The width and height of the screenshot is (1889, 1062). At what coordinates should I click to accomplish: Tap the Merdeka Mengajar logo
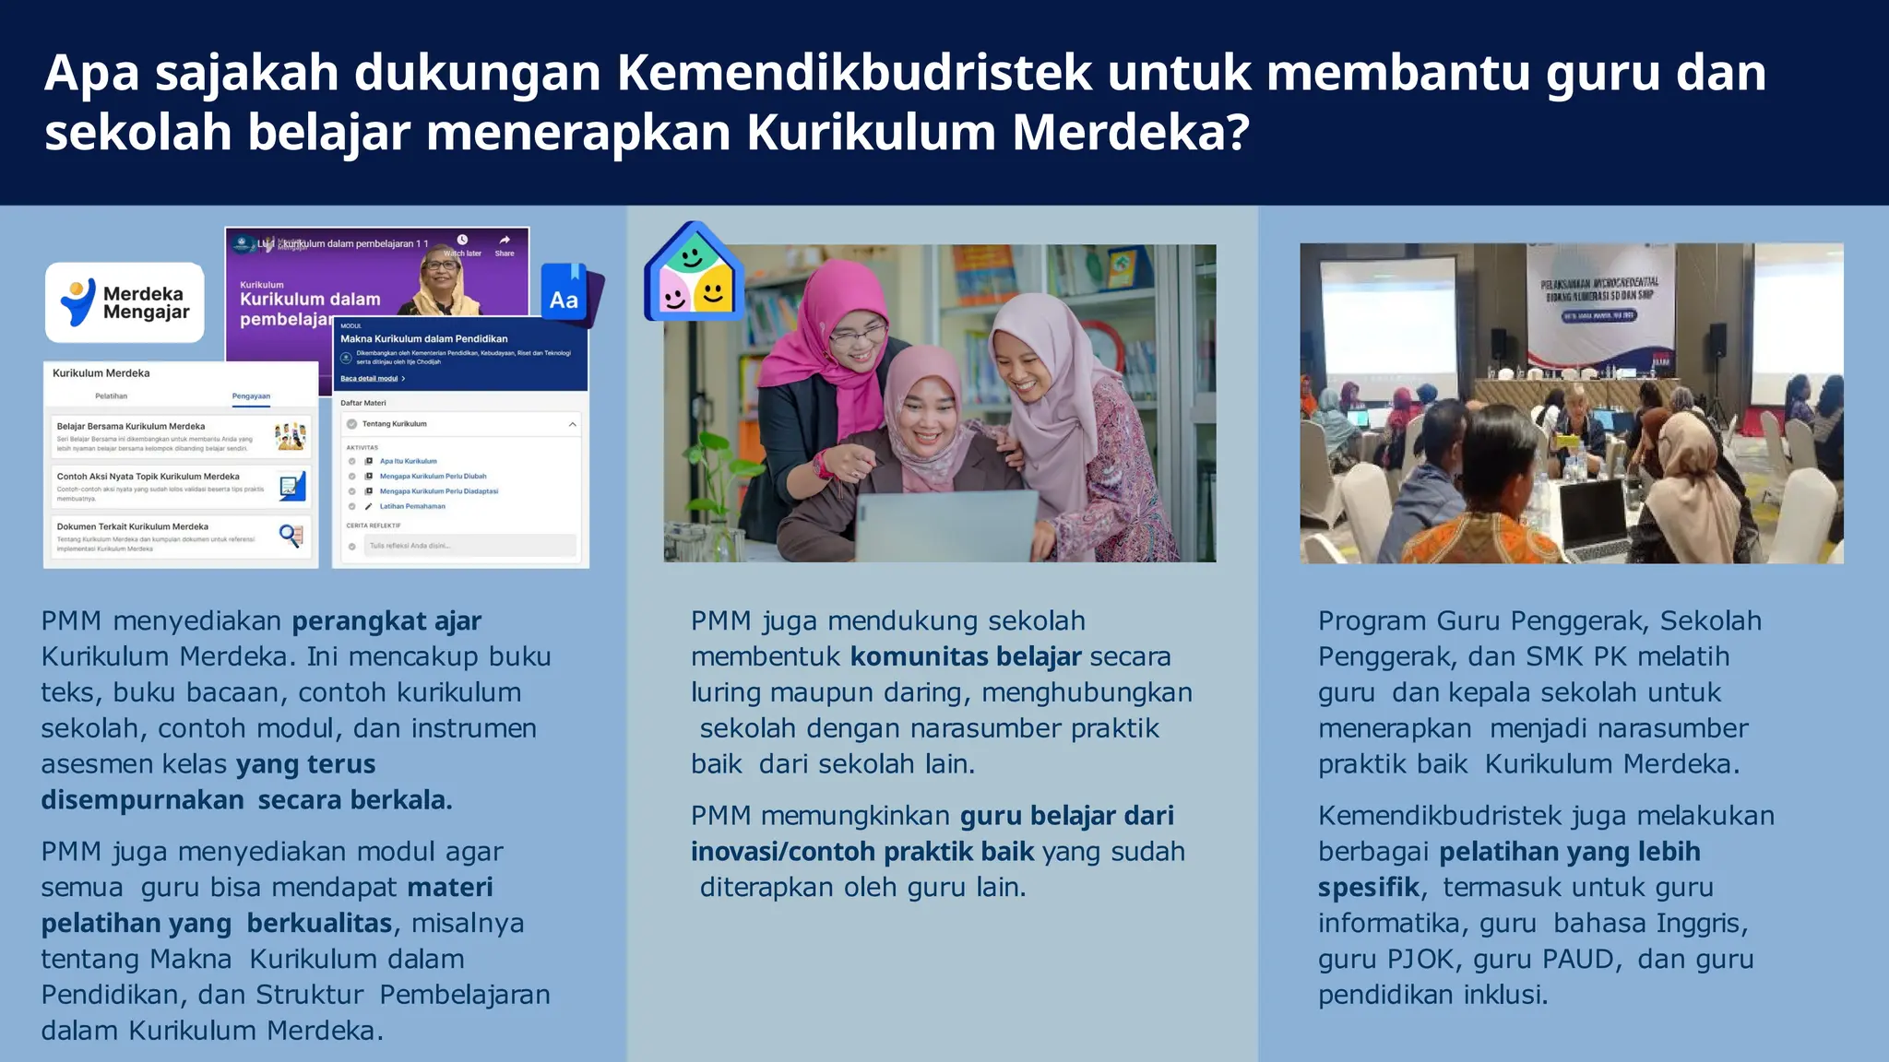point(125,302)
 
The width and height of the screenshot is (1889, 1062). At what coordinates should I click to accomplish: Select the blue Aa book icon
point(565,297)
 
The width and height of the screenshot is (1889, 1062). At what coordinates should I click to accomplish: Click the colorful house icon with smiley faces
point(694,273)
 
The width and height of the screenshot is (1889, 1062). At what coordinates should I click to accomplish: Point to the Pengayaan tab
point(251,396)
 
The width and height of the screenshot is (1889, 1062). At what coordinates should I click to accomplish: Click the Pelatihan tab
point(112,396)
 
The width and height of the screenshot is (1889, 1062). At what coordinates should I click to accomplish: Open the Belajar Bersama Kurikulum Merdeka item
point(181,435)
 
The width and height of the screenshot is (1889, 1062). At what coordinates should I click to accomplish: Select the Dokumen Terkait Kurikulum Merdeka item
point(181,537)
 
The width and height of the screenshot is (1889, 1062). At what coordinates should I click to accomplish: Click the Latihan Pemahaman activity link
point(412,506)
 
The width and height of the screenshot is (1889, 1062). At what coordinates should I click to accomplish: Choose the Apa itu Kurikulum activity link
point(409,461)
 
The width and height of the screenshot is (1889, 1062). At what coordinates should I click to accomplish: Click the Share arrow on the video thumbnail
point(505,242)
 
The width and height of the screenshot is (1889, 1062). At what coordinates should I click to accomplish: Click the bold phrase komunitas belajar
point(965,657)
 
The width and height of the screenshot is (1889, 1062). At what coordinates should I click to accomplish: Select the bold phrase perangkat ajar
point(386,621)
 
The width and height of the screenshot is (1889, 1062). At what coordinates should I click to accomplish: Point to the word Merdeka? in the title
point(1131,133)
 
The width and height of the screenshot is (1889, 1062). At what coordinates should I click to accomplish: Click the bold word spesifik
point(1369,888)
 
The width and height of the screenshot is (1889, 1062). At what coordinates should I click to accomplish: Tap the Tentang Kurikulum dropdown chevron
point(573,424)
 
